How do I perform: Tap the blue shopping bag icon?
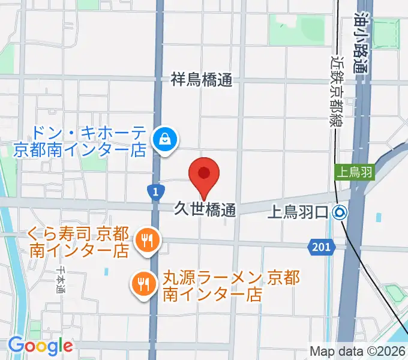click(x=163, y=140)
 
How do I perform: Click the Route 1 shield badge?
click(x=155, y=192)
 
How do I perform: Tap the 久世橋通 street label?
click(x=203, y=209)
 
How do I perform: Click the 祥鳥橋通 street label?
click(x=201, y=79)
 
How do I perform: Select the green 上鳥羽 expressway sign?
click(x=354, y=172)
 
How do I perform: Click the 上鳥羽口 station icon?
click(x=340, y=212)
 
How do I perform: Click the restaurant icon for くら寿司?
click(x=146, y=241)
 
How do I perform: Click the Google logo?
click(x=40, y=346)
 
